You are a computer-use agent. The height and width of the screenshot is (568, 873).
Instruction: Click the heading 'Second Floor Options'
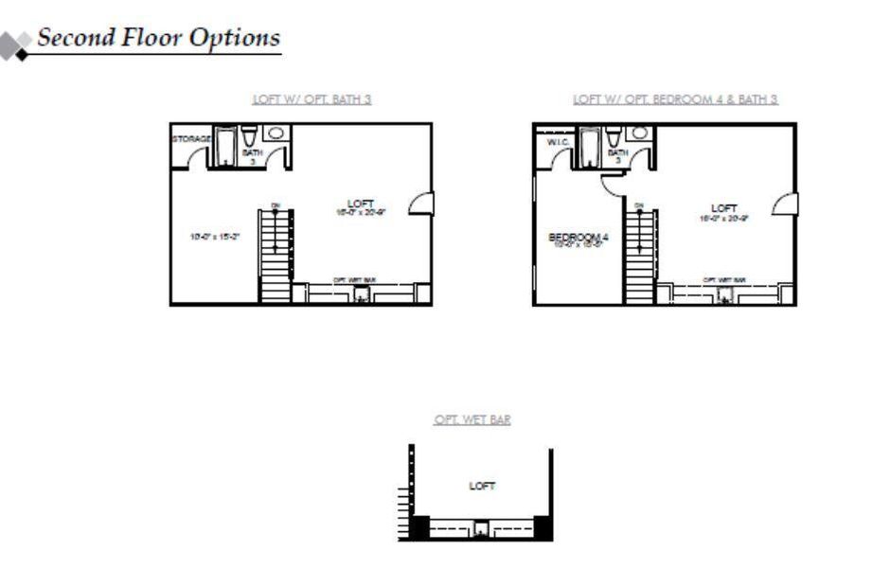pyautogui.click(x=158, y=38)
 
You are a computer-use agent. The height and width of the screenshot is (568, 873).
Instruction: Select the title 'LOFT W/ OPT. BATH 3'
pyautogui.click(x=312, y=98)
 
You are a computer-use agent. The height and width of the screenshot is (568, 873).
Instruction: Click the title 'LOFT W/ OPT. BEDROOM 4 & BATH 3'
pyautogui.click(x=675, y=98)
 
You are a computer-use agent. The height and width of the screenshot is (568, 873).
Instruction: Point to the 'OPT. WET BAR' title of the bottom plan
pyautogui.click(x=472, y=420)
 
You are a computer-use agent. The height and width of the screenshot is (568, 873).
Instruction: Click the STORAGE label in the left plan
pyautogui.click(x=190, y=139)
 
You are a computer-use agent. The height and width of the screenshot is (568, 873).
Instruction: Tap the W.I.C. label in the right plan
pyautogui.click(x=556, y=142)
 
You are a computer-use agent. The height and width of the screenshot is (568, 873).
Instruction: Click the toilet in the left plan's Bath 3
pyautogui.click(x=249, y=136)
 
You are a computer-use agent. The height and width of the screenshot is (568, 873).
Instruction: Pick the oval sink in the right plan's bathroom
pyautogui.click(x=639, y=133)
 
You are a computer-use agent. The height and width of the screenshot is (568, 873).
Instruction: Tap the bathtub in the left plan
pyautogui.click(x=226, y=147)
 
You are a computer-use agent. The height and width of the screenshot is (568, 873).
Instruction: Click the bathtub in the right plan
pyautogui.click(x=589, y=147)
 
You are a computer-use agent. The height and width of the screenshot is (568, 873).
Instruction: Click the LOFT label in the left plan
pyautogui.click(x=360, y=204)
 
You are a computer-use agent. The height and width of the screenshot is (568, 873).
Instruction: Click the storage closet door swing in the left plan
pyautogui.click(x=197, y=159)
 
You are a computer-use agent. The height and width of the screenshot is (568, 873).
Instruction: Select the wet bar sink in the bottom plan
pyautogui.click(x=482, y=528)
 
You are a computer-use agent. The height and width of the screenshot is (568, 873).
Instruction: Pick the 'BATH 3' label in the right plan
pyautogui.click(x=617, y=155)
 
